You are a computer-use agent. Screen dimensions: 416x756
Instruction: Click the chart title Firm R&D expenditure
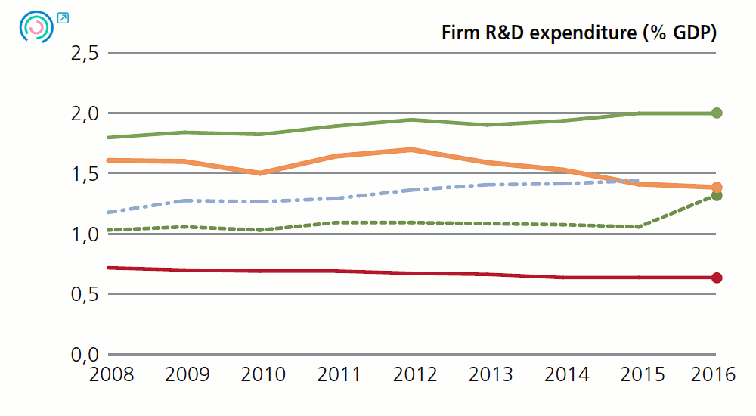[x=579, y=33]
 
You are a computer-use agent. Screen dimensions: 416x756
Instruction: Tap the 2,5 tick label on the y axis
[x=84, y=54]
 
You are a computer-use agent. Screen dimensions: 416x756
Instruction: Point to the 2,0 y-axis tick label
[x=84, y=113]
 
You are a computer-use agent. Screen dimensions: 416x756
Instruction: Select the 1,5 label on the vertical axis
[x=84, y=174]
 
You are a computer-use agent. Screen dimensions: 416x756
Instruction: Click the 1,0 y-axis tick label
[x=84, y=234]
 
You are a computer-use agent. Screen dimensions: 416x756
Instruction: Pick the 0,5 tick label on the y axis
[x=84, y=294]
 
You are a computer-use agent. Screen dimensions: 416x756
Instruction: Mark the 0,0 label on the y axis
[x=84, y=355]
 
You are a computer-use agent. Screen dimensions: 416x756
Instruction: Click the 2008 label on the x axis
[x=110, y=374]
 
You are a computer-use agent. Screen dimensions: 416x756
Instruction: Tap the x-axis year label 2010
[x=262, y=374]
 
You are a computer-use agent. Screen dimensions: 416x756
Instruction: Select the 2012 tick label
[x=414, y=374]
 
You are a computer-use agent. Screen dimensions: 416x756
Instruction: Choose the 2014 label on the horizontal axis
[x=565, y=374]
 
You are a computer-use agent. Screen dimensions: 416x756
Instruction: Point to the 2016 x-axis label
[x=714, y=374]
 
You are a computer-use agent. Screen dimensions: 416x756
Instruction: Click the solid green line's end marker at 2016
[x=717, y=113]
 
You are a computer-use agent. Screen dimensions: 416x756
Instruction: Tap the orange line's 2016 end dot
[x=717, y=187]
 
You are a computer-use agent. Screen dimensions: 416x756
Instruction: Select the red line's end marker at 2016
[x=717, y=278]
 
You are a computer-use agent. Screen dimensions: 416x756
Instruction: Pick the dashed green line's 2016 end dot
[x=717, y=196]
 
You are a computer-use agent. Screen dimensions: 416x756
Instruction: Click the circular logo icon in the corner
[x=36, y=26]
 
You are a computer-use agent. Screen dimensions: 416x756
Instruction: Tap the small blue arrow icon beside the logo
[x=63, y=17]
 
